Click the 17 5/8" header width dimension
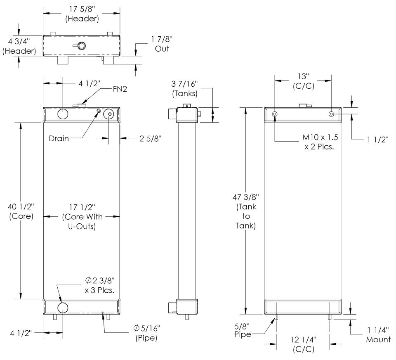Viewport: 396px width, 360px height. click(x=82, y=14)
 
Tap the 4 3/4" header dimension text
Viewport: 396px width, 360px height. click(x=19, y=46)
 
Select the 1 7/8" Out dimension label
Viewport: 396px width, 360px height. click(x=162, y=44)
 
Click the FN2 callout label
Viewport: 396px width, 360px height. click(x=120, y=89)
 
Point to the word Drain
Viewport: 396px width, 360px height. click(x=59, y=139)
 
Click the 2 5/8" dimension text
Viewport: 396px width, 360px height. click(x=151, y=139)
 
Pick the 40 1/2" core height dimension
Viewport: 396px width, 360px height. click(x=21, y=212)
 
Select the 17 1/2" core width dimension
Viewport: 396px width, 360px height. click(x=82, y=217)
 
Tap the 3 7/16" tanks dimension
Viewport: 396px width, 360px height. click(x=185, y=88)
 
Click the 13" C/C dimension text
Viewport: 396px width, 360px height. click(x=303, y=81)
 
